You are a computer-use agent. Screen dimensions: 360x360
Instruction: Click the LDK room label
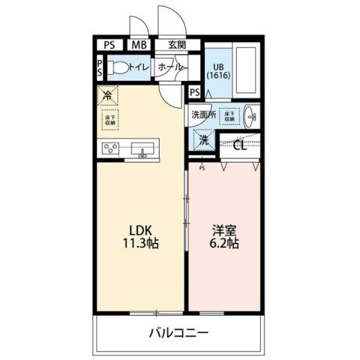(x=139, y=229)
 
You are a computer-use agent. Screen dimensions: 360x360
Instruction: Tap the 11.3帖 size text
(x=139, y=244)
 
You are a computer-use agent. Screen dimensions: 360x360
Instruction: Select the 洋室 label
(x=223, y=229)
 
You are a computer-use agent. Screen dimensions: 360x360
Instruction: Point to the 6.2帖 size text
(x=223, y=244)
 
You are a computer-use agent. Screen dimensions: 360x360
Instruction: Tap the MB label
(x=139, y=45)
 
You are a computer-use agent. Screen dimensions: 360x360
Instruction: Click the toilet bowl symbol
(x=117, y=67)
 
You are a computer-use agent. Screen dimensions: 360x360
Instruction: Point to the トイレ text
(x=139, y=68)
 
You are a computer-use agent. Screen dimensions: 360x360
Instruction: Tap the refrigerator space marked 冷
(x=107, y=96)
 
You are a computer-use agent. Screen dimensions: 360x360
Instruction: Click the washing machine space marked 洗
(x=202, y=139)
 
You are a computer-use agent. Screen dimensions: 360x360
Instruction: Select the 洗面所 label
(x=202, y=115)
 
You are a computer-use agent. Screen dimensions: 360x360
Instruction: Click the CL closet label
(x=240, y=145)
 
